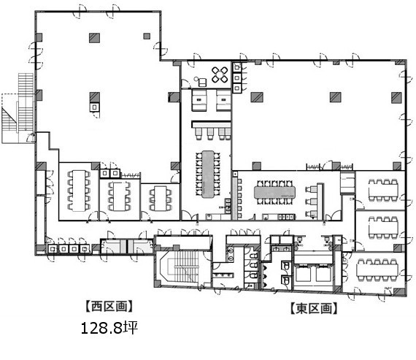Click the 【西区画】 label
coord(109,306)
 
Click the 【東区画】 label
coord(314,308)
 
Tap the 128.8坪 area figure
coord(109,328)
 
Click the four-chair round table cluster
coord(220,74)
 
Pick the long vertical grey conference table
coord(208,175)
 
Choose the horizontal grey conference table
coord(274,192)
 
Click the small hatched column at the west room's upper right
coord(147,36)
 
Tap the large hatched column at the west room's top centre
coord(94,38)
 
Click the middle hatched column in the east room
coord(336,97)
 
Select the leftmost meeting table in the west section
coord(79,191)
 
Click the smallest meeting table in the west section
coord(161,199)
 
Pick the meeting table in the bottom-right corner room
coord(377,270)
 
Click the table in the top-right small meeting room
coord(383,190)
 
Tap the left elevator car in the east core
coord(304,275)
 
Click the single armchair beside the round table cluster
coord(202,83)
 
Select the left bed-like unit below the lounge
coord(199,100)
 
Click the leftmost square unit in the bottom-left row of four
coord(53,249)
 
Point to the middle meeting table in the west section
coord(120,196)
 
